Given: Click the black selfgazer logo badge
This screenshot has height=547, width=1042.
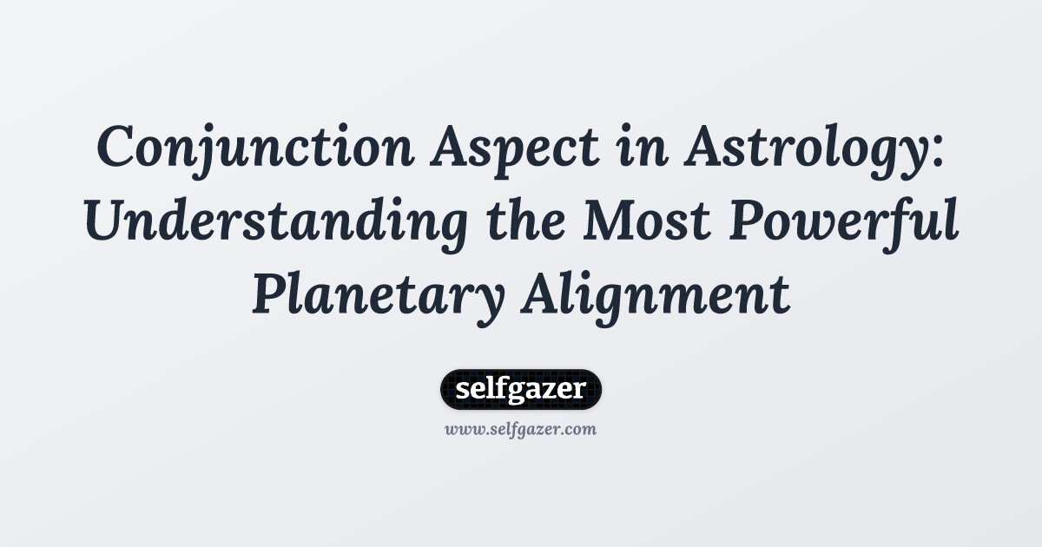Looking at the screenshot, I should (x=521, y=389).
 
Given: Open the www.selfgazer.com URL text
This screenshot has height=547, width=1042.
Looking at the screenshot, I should (x=521, y=429).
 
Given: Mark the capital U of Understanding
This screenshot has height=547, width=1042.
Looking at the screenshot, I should (x=106, y=223).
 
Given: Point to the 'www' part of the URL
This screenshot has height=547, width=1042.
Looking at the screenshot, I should (x=461, y=429).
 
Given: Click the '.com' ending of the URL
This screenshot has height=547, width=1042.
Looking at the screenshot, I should (x=580, y=429).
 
